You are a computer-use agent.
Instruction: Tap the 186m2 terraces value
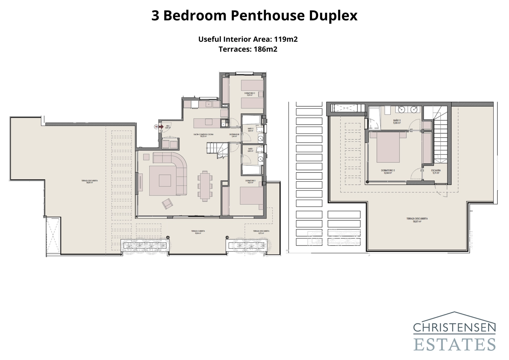(265, 49)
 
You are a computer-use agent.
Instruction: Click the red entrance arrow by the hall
(161, 126)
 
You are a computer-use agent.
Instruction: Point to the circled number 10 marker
(156, 126)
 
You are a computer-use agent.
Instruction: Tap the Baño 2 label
(250, 129)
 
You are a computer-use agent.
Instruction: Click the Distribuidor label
(234, 135)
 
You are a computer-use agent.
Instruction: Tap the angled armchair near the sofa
(167, 203)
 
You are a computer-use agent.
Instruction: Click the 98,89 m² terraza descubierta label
(89, 181)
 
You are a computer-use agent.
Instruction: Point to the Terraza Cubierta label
(198, 232)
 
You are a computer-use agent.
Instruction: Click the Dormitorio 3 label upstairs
(387, 171)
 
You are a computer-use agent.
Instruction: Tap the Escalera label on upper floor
(436, 171)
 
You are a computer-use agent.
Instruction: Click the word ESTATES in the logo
(454, 345)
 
